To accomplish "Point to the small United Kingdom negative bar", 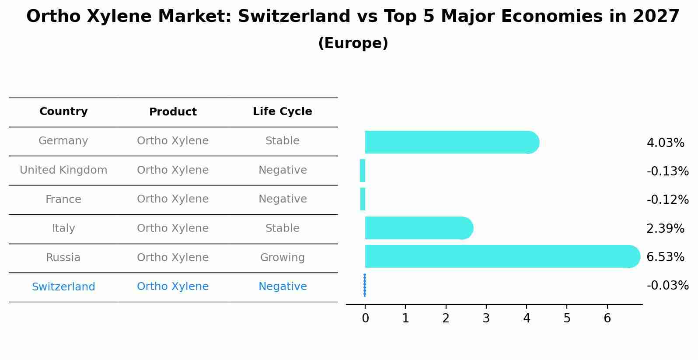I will (363, 171).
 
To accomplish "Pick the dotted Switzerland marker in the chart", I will (365, 285).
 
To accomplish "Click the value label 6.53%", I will (665, 257).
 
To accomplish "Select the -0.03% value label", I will (667, 286).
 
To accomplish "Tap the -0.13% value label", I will (667, 171).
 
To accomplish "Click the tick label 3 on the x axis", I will (486, 318).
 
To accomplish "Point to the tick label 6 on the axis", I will (607, 318).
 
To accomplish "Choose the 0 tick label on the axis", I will (365, 318).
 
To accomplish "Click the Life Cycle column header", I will (283, 112).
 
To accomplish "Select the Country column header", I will (63, 112).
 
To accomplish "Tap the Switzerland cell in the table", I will (63, 287).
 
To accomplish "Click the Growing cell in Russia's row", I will (283, 258).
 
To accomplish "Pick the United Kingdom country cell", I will (63, 170).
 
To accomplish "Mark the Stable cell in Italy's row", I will (283, 228).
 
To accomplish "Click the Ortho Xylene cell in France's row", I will (173, 199).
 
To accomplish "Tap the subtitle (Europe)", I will (353, 43).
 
